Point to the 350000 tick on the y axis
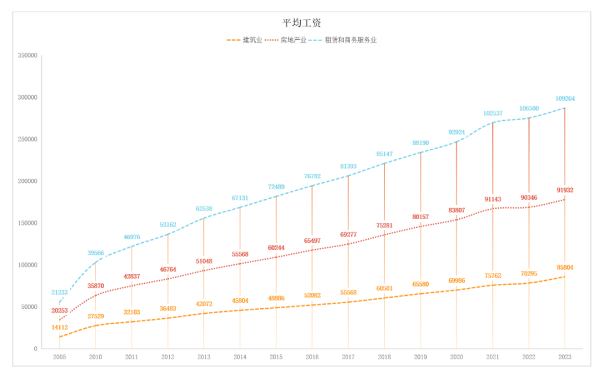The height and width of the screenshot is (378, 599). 28,55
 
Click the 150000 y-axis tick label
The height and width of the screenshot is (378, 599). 28,223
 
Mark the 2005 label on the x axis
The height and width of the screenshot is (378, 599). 59,357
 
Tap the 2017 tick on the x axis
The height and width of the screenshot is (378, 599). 348,357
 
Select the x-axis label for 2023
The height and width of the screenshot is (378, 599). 565,357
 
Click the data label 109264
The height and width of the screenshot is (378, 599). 565,98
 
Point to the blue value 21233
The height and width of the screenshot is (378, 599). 59,292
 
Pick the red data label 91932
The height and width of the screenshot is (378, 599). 565,191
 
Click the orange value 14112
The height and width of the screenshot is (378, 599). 59,327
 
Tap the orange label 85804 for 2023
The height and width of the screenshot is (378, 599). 565,268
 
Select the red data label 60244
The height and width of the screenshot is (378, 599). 276,247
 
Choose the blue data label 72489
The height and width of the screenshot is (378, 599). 276,187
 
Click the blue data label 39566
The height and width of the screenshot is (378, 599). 95,253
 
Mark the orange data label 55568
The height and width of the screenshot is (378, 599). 348,292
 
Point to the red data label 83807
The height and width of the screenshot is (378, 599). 456,210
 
